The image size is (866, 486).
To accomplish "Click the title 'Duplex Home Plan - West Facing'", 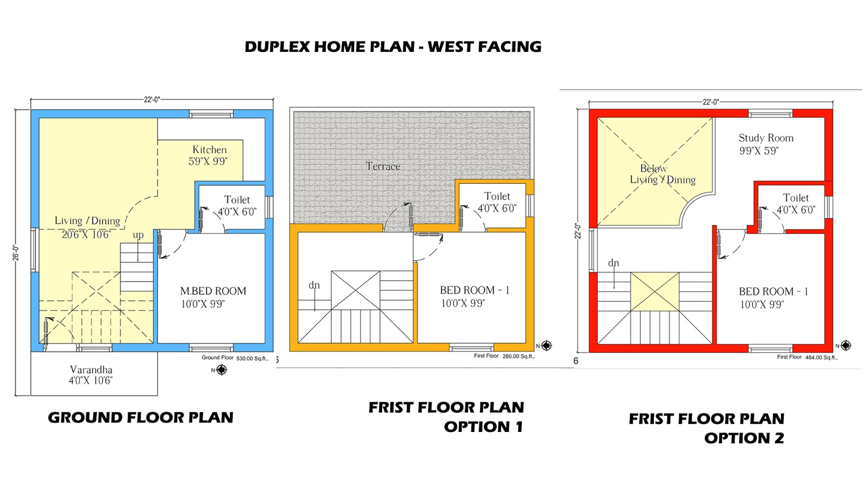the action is point(393,47).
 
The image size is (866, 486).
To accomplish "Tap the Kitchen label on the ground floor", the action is point(209,150).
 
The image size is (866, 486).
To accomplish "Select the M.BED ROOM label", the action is point(213,291).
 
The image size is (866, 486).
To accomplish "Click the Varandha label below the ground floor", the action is point(91,370).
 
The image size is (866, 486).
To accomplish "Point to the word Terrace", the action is point(383,167).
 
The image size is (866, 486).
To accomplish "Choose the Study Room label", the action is point(766,138).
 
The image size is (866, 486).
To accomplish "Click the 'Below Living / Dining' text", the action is point(661,174).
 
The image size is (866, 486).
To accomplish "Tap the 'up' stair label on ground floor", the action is point(138,235).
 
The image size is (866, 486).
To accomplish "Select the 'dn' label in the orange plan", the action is point(314,285).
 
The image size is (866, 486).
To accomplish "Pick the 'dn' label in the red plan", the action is point(613,263).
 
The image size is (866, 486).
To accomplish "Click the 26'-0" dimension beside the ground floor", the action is point(16,253).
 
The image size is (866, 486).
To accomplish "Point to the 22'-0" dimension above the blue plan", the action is point(152,99).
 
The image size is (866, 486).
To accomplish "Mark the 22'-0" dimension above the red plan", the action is point(711,102).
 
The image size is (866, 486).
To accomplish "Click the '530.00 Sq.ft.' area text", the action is point(252,358).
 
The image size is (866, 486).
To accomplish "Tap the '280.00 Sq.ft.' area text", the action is point(519,356).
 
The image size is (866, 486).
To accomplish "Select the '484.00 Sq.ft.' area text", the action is point(821,357).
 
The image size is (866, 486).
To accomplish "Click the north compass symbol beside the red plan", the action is point(846,345).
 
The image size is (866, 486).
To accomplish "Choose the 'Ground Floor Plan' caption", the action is point(141,418).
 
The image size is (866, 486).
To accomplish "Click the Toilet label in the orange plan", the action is point(497,197).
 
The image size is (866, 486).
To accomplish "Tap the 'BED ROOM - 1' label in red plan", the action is point(773,292).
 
